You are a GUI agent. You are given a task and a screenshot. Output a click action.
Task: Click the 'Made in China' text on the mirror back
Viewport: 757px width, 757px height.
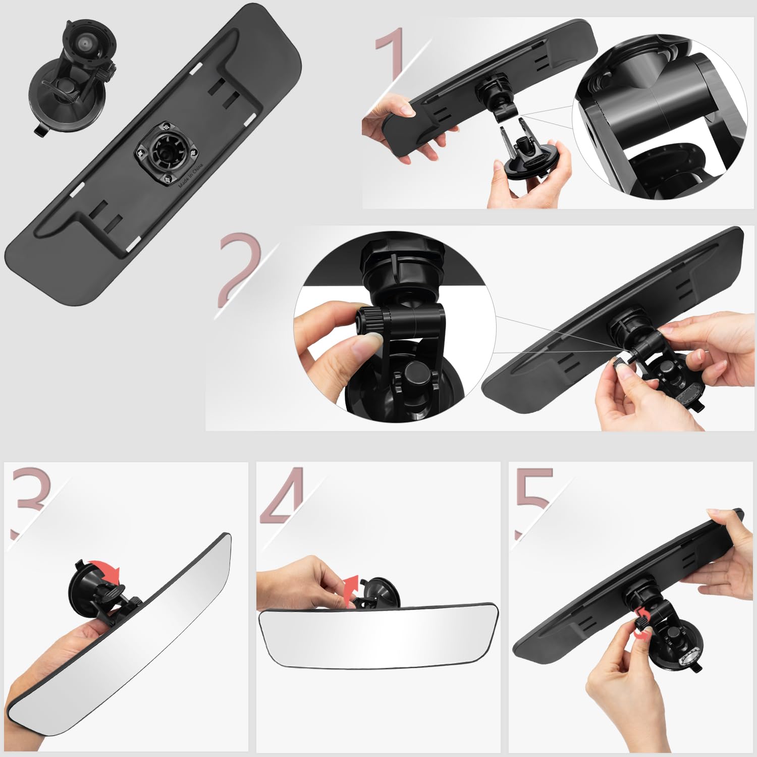(190, 175)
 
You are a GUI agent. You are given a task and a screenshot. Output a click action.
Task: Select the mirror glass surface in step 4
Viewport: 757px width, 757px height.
(379, 638)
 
